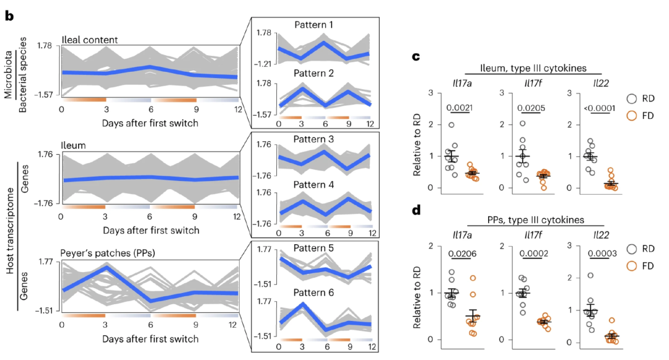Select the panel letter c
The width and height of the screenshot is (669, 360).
tap(417, 57)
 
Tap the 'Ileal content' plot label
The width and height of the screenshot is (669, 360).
tap(90, 40)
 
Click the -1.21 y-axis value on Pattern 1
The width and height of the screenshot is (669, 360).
tap(264, 63)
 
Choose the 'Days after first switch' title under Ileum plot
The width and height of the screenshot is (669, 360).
tap(151, 230)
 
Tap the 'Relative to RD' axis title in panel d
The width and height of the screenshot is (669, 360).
tap(419, 292)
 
